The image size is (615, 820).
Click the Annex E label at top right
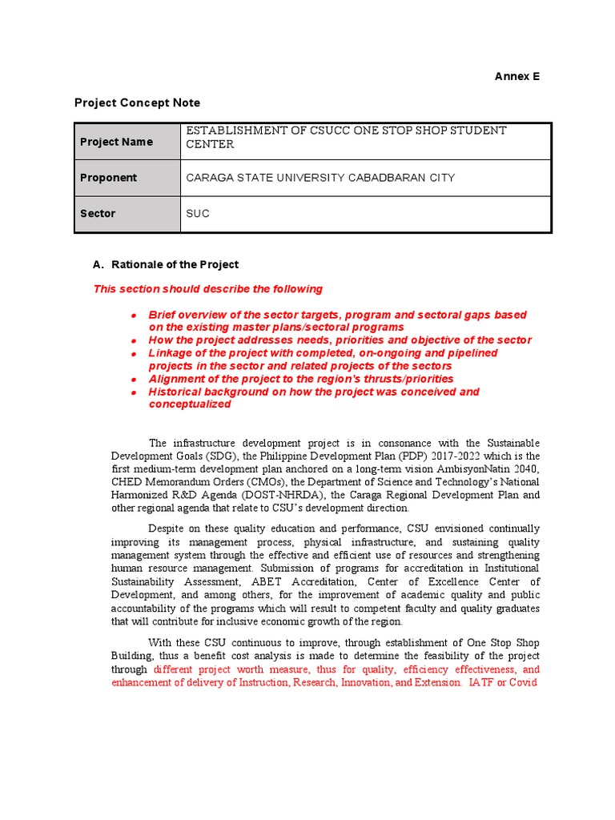click(x=517, y=76)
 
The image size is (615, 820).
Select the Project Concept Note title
click(x=137, y=102)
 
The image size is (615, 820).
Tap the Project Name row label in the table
click(x=116, y=142)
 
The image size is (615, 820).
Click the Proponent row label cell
click(x=108, y=178)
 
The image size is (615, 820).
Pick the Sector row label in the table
click(x=98, y=214)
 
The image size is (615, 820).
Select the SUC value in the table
click(x=197, y=214)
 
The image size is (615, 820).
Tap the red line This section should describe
click(x=208, y=289)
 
